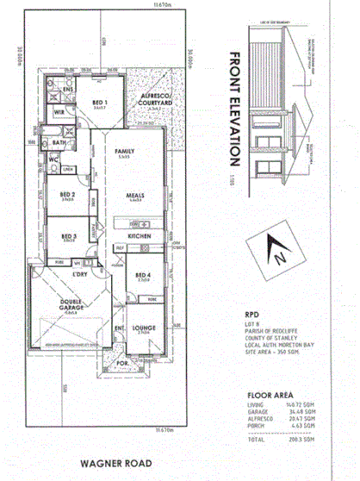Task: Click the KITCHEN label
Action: [140, 234]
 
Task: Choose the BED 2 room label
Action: [67, 195]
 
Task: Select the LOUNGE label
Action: [143, 328]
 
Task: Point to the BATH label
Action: [59, 143]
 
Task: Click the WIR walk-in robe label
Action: [59, 112]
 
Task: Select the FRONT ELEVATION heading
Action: [234, 109]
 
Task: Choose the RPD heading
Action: [251, 314]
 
